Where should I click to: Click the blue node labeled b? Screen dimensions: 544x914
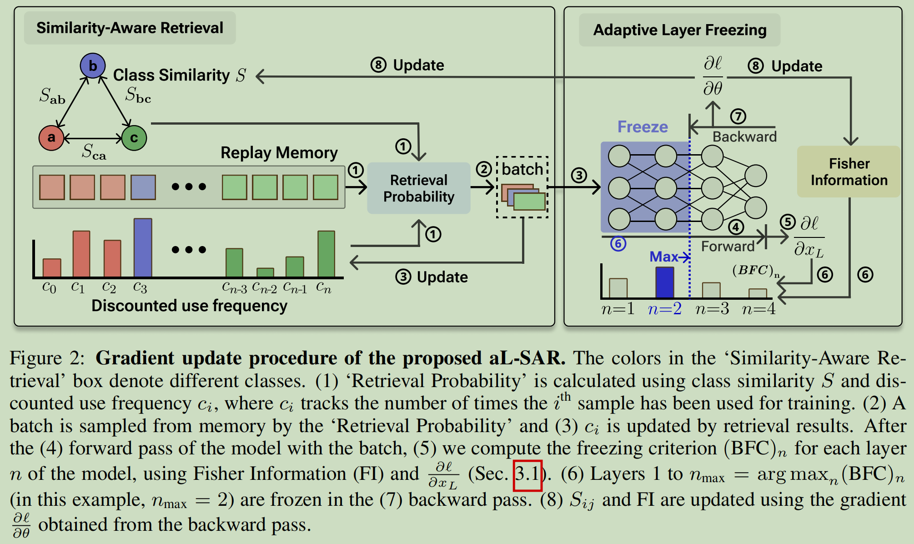93,65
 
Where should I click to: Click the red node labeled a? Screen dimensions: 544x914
51,137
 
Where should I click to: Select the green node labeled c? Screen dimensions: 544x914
134,138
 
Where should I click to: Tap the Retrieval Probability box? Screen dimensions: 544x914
418,188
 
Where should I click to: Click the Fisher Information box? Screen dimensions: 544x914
849,171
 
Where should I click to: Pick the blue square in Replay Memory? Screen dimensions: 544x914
143,187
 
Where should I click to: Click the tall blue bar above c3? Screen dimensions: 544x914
143,247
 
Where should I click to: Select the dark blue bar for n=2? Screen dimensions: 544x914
664,282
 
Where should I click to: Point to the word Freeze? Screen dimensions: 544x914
642,126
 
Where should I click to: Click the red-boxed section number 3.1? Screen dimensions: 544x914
527,475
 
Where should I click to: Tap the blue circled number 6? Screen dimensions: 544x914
618,244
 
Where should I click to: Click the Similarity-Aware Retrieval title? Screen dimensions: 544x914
130,28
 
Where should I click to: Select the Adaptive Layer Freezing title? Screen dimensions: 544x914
679,30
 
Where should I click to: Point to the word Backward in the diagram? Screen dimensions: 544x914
744,136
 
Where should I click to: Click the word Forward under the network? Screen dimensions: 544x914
728,246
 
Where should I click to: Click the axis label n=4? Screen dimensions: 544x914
758,309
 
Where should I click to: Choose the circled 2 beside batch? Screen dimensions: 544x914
484,169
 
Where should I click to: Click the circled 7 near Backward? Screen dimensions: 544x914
738,116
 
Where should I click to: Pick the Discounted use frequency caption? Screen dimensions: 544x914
189,306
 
